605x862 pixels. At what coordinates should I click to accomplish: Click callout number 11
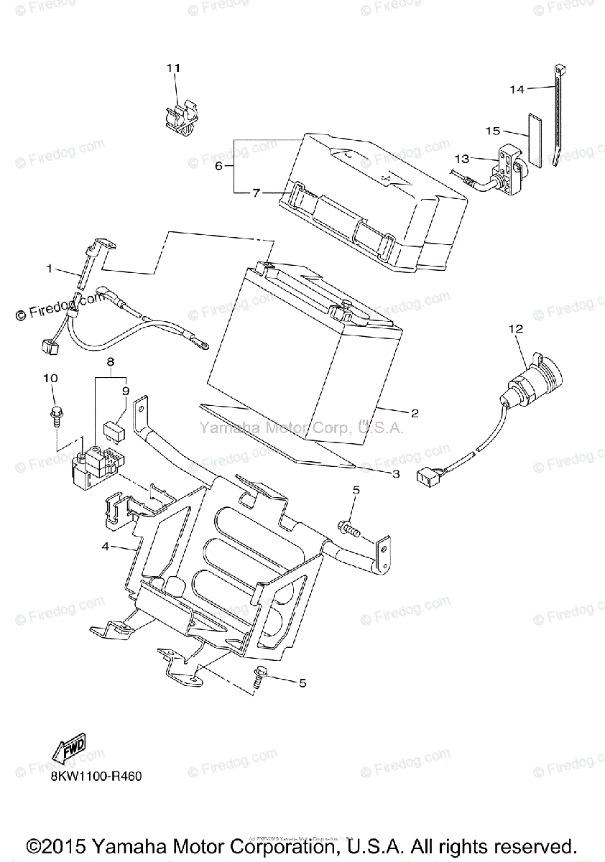pyautogui.click(x=172, y=68)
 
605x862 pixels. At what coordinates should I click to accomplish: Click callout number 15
pyautogui.click(x=512, y=131)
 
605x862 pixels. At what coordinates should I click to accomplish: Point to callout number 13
pyautogui.click(x=461, y=157)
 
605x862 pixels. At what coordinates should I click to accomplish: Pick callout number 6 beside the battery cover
pyautogui.click(x=218, y=165)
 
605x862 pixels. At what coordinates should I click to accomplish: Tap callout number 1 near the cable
pyautogui.click(x=50, y=269)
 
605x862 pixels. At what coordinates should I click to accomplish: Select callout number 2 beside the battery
pyautogui.click(x=415, y=413)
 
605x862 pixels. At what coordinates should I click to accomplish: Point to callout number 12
pyautogui.click(x=515, y=328)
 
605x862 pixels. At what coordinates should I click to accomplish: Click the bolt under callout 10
pyautogui.click(x=56, y=414)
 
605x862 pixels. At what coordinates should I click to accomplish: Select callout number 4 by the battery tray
pyautogui.click(x=106, y=547)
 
